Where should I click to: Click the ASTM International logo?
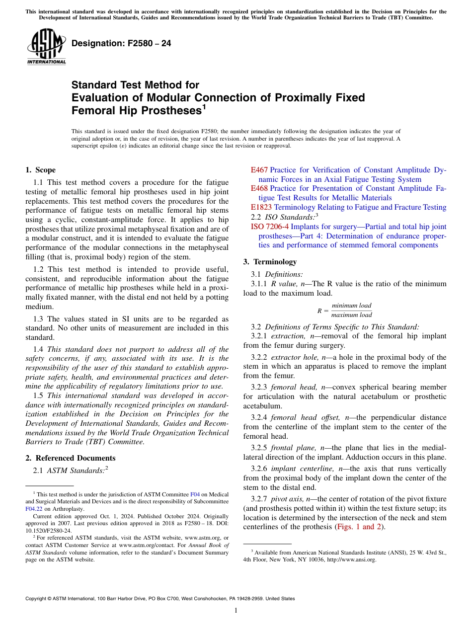point(46,47)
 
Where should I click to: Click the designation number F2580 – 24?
point(121,44)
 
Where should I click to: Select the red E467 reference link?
point(259,170)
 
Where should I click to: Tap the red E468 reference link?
point(259,188)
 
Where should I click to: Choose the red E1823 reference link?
point(261,207)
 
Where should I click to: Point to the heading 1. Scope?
point(40,170)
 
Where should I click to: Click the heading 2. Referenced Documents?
point(71,458)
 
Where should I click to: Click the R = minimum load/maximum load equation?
point(344,311)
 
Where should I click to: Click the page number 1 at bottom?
point(236,611)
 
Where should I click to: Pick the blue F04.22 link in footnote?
point(34,508)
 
